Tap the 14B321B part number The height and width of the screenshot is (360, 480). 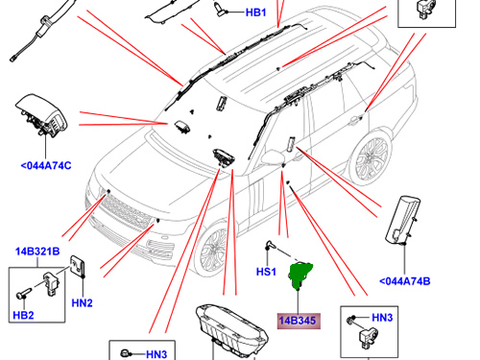[36, 252]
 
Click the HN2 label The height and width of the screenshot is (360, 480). [82, 304]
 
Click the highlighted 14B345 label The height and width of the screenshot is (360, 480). [300, 321]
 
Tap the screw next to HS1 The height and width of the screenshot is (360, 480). [273, 249]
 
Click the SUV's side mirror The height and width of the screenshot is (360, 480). [289, 146]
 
